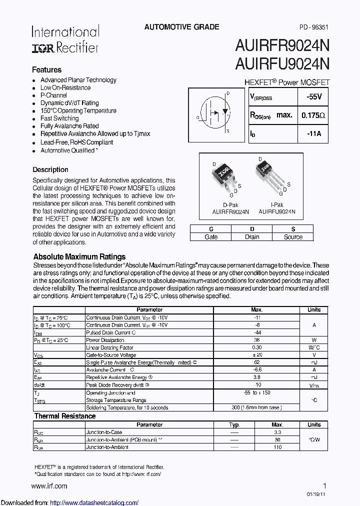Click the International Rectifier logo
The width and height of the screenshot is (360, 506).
[65, 39]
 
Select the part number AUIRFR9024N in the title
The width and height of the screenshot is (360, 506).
[282, 46]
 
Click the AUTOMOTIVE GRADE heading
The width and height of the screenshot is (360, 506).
[181, 27]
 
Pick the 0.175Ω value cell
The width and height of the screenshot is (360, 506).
[313, 115]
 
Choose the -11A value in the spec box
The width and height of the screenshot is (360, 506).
[313, 134]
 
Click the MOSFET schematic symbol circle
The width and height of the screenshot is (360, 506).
[214, 112]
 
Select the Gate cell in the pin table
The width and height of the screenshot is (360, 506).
[211, 237]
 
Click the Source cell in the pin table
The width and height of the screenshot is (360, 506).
[293, 237]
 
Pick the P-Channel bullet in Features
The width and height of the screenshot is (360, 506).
[53, 95]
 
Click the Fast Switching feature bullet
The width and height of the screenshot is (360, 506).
[59, 118]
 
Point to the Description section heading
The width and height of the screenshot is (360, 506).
[50, 169]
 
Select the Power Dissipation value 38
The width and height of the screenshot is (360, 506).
[257, 340]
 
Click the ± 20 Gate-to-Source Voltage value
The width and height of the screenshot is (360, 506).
[257, 355]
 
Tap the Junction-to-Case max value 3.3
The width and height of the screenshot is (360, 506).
[277, 432]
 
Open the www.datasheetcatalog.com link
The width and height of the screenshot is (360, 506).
[94, 502]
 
